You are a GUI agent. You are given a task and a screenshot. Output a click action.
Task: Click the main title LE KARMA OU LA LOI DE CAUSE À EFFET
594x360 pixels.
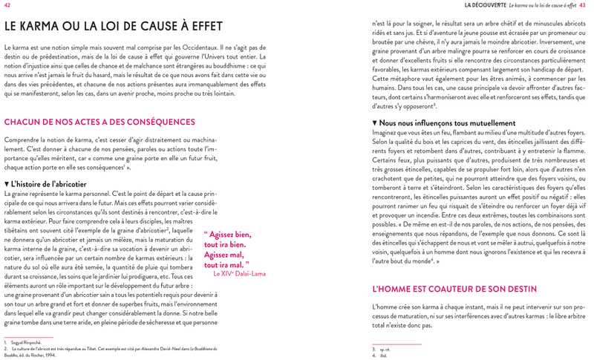[114, 26]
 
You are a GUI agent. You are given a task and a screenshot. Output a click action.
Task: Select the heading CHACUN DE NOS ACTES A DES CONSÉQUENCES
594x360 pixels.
[99, 122]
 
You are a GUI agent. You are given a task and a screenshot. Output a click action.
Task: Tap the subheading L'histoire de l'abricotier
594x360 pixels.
[49, 183]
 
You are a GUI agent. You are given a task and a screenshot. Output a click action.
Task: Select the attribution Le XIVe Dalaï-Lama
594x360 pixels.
[239, 273]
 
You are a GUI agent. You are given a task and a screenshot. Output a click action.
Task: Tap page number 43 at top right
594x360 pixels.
[583, 5]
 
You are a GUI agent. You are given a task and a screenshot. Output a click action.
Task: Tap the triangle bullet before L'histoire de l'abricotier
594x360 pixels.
[7, 183]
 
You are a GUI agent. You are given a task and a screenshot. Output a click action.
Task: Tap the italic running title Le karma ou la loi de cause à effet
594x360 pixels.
[543, 5]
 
